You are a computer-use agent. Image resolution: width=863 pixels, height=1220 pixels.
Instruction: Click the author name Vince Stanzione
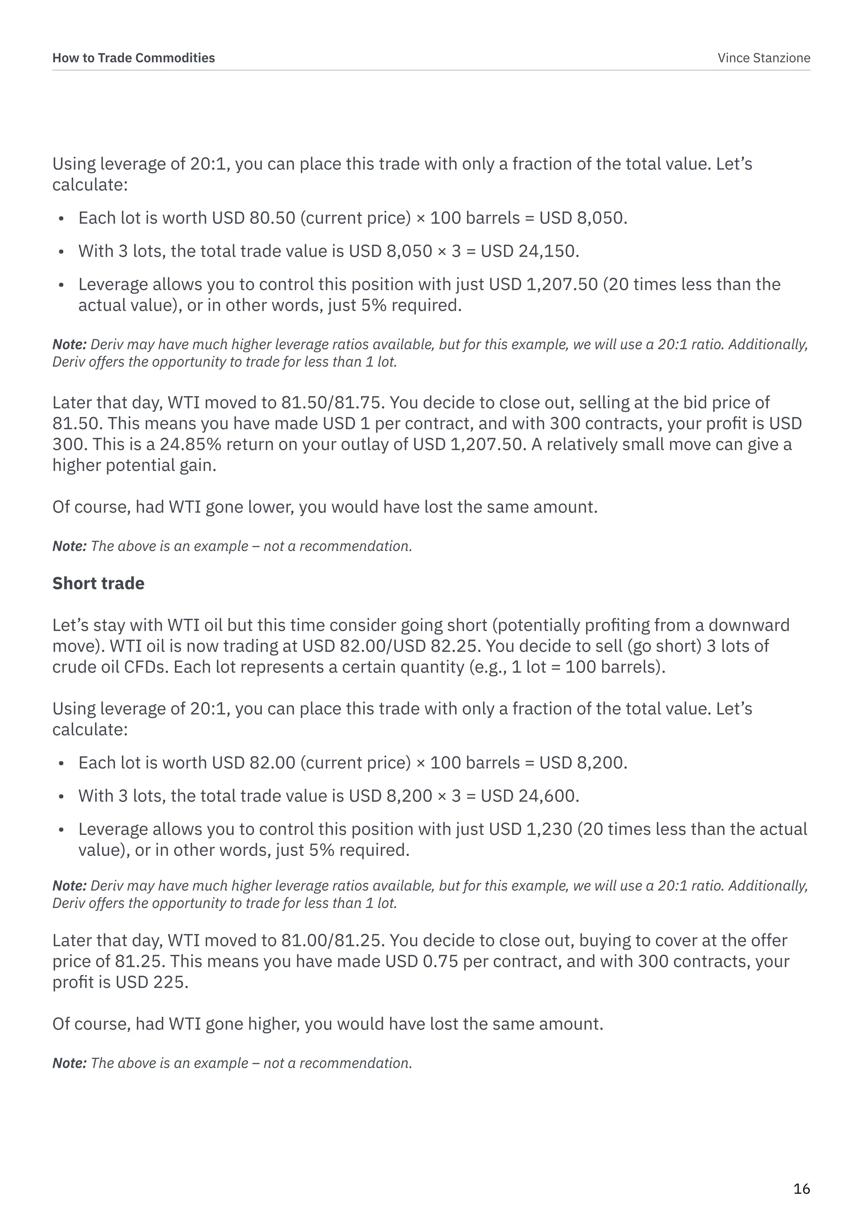(x=764, y=58)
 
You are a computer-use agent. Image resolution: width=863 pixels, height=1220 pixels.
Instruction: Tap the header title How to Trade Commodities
(x=134, y=58)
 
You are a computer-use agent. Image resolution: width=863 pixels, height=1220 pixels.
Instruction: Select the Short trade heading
(x=98, y=583)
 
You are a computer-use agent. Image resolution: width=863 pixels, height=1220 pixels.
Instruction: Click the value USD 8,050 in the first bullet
(x=582, y=218)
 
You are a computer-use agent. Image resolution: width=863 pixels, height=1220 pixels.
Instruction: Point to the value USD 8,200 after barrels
(x=582, y=762)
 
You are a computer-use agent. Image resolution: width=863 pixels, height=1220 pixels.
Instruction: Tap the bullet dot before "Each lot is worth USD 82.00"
(x=61, y=764)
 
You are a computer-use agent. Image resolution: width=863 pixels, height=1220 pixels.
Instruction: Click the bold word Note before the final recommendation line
(x=69, y=1063)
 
